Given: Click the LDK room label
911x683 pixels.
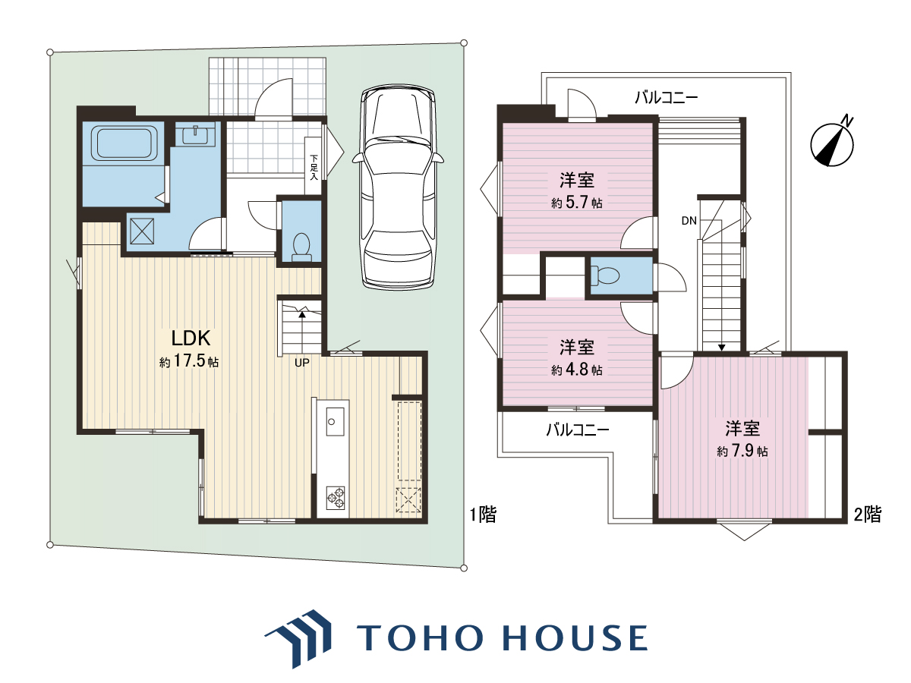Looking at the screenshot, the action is [191, 338].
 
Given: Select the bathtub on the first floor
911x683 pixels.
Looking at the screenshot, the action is [125, 143].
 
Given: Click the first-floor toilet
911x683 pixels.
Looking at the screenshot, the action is [301, 247].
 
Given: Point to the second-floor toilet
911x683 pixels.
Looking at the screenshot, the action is [605, 275].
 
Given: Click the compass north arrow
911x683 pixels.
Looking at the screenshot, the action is [832, 143].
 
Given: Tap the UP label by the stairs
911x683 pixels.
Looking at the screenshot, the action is [301, 363].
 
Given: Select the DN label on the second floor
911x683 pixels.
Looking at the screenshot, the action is [689, 221].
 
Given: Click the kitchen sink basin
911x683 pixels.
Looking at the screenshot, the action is [335, 421].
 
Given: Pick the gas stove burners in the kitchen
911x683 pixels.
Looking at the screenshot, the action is [336, 498].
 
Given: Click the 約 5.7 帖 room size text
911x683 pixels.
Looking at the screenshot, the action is [576, 203].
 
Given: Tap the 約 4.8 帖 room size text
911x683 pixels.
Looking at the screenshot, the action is [576, 370].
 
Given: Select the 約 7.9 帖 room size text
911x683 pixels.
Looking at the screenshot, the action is [742, 451].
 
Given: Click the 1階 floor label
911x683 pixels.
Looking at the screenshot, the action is [483, 515].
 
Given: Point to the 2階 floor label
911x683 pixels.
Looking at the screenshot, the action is [868, 515].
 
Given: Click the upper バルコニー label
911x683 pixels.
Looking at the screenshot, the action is [666, 98].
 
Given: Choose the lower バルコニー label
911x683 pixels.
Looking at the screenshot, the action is [577, 430].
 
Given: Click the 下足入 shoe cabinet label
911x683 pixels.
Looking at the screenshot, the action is [314, 167].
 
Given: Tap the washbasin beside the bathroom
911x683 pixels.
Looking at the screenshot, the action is [195, 134].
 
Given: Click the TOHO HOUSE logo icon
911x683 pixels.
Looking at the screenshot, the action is [299, 639].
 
